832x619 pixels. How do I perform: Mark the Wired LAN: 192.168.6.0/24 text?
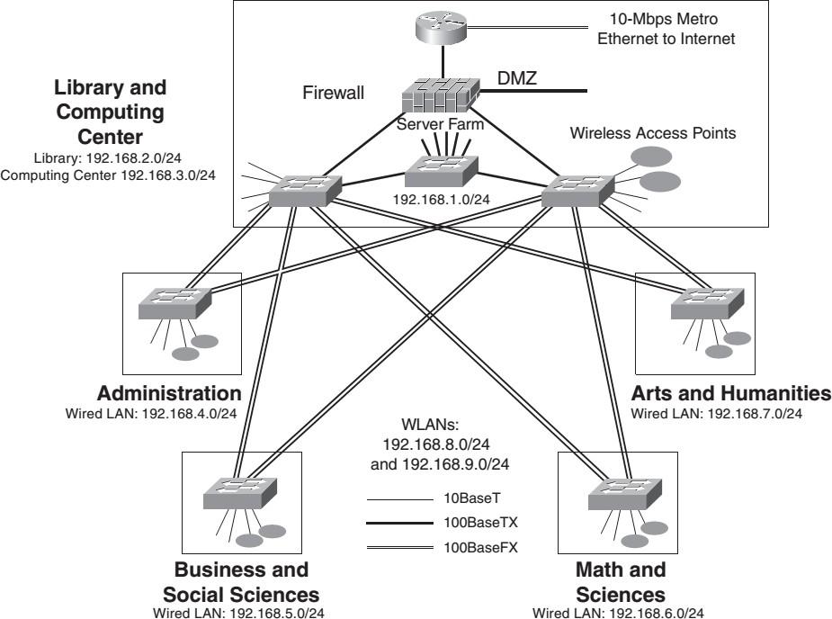(x=620, y=613)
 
